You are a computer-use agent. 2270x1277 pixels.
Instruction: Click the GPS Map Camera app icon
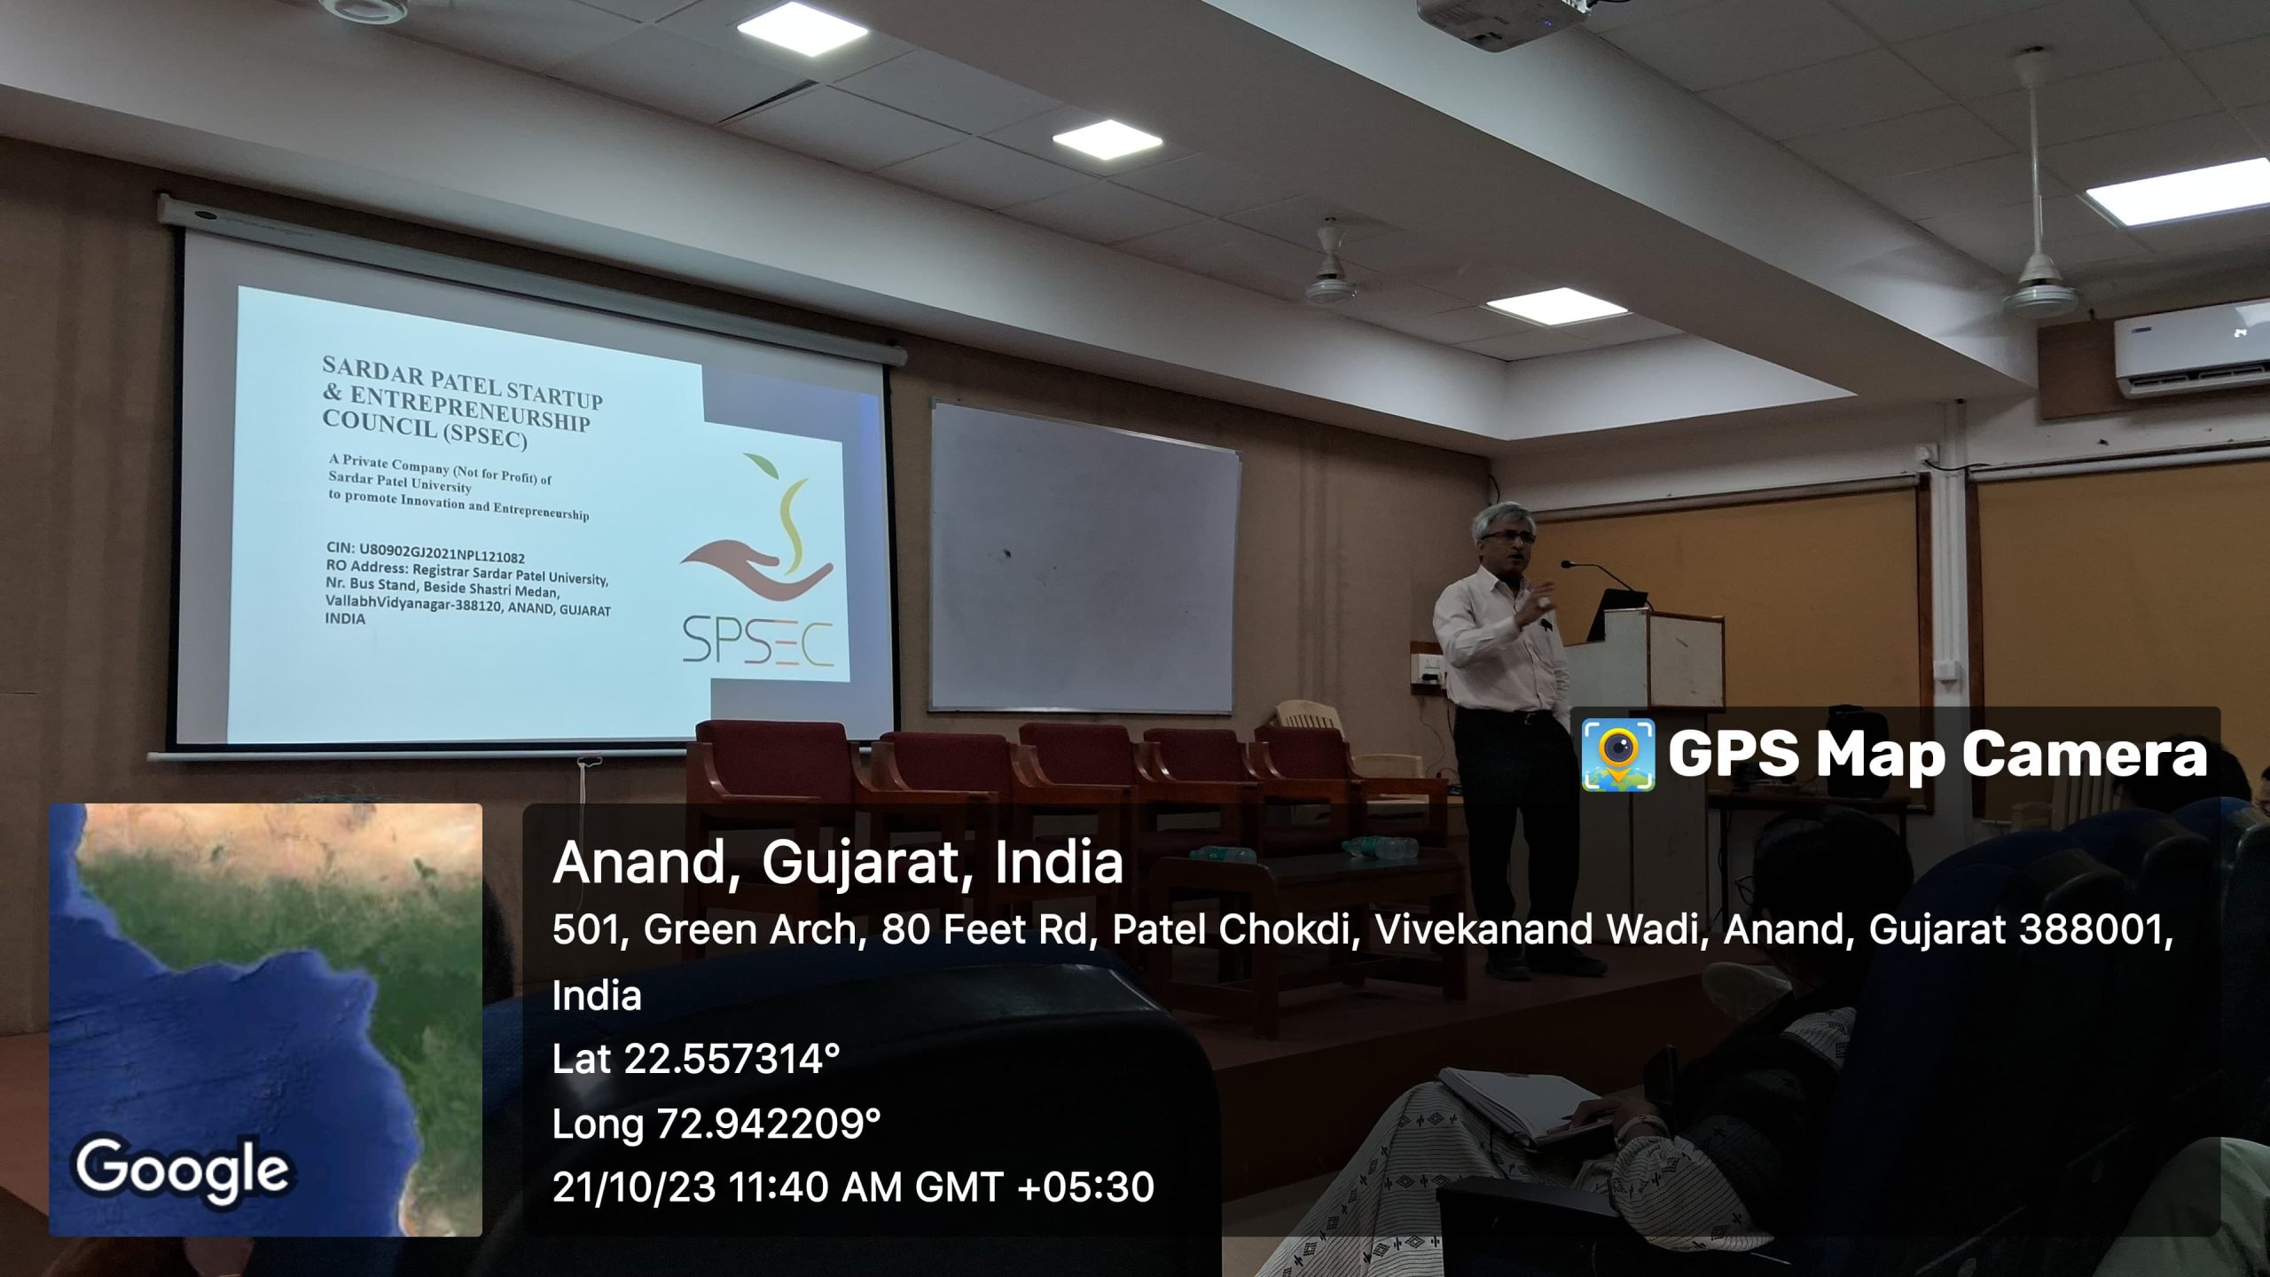coord(1618,755)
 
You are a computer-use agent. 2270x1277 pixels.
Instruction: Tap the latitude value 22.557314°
coord(732,1059)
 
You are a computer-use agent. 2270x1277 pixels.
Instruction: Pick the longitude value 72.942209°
coord(768,1124)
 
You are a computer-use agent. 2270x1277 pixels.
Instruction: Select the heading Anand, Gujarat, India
coord(838,862)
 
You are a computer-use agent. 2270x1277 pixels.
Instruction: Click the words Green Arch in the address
coord(750,929)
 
